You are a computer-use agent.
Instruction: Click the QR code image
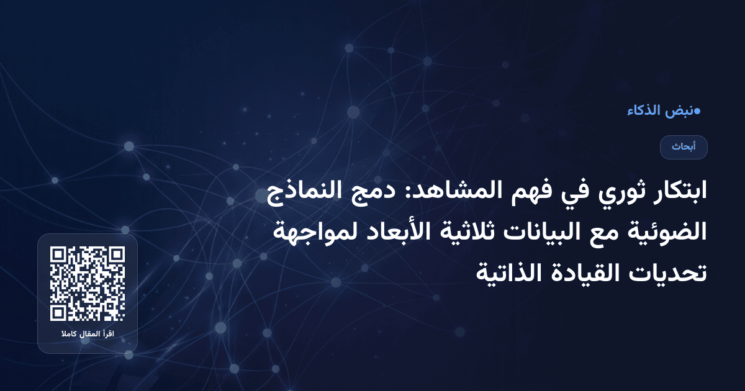click(88, 284)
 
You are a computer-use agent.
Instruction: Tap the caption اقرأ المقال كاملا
click(88, 335)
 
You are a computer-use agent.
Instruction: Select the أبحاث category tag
click(684, 147)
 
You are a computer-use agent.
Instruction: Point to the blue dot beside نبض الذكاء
click(697, 111)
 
